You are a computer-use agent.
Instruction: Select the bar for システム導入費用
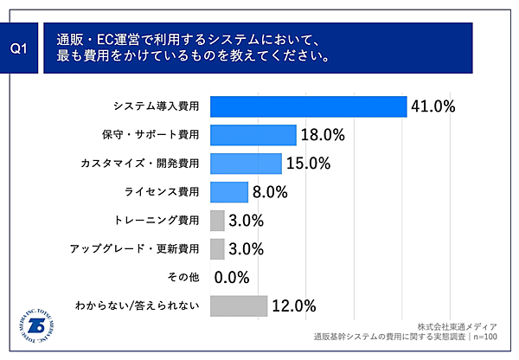[x=309, y=106]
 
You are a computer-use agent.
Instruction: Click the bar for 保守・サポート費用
[x=253, y=135]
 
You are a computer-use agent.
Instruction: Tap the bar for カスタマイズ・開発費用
[x=246, y=164]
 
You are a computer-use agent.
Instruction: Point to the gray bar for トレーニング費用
[x=217, y=221]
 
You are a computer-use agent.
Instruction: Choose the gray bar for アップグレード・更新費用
[x=217, y=249]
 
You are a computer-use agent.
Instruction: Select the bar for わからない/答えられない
[x=239, y=305]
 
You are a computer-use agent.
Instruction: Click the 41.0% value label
[x=433, y=106]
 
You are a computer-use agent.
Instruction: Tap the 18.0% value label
[x=324, y=135]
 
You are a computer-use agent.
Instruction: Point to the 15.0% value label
[x=309, y=164]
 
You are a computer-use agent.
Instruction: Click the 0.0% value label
[x=231, y=278]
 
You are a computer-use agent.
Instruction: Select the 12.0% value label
[x=294, y=305]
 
